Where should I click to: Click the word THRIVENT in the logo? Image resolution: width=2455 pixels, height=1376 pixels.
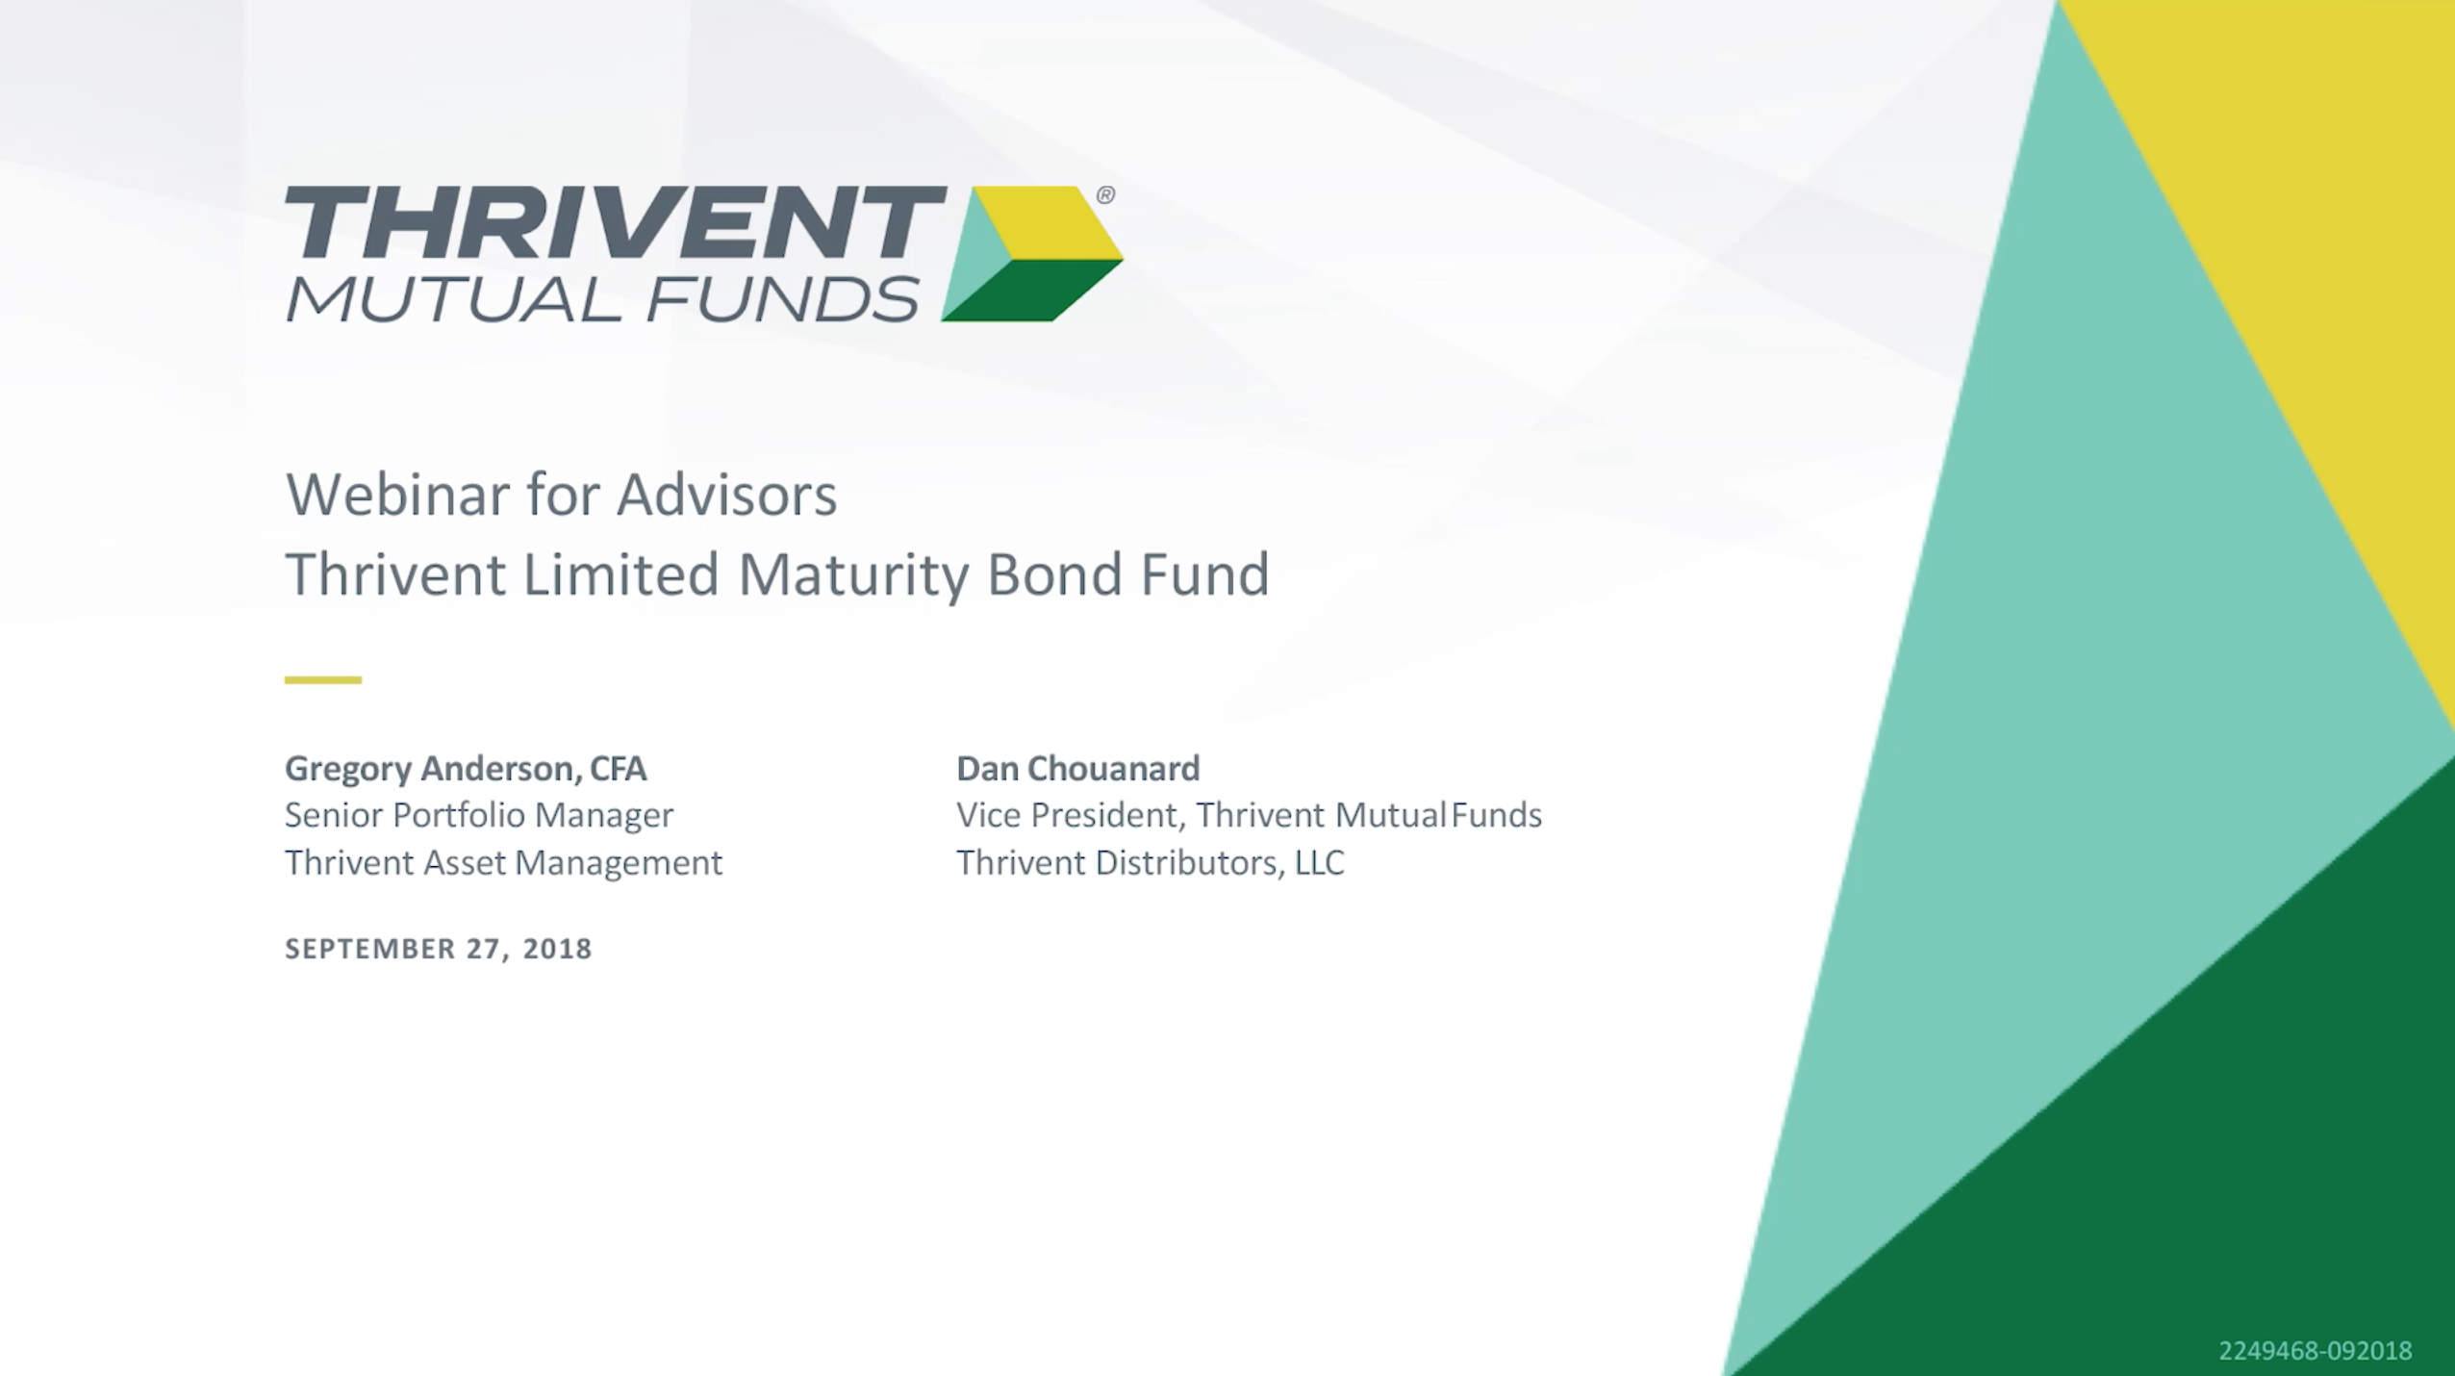pyautogui.click(x=616, y=222)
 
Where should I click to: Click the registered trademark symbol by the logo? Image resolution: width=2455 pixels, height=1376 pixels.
pyautogui.click(x=1105, y=195)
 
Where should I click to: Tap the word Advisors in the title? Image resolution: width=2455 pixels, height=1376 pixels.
pyautogui.click(x=727, y=495)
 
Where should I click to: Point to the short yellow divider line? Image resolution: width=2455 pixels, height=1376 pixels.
pyautogui.click(x=323, y=679)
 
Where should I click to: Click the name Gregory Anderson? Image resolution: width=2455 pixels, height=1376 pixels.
pyautogui.click(x=430, y=769)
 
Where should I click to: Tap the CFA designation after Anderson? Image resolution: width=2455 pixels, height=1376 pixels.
pyautogui.click(x=619, y=769)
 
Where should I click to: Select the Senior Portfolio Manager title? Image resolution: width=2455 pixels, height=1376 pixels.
pyautogui.click(x=479, y=815)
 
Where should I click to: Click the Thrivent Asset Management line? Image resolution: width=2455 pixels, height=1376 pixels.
pyautogui.click(x=503, y=862)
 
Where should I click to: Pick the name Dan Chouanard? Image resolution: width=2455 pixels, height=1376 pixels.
pyautogui.click(x=1078, y=768)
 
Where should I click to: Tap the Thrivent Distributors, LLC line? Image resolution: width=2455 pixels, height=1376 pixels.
pyautogui.click(x=1151, y=862)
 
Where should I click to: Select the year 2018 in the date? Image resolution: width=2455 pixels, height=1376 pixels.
pyautogui.click(x=558, y=949)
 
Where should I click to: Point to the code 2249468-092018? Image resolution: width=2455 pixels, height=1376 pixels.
pyautogui.click(x=2316, y=1351)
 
